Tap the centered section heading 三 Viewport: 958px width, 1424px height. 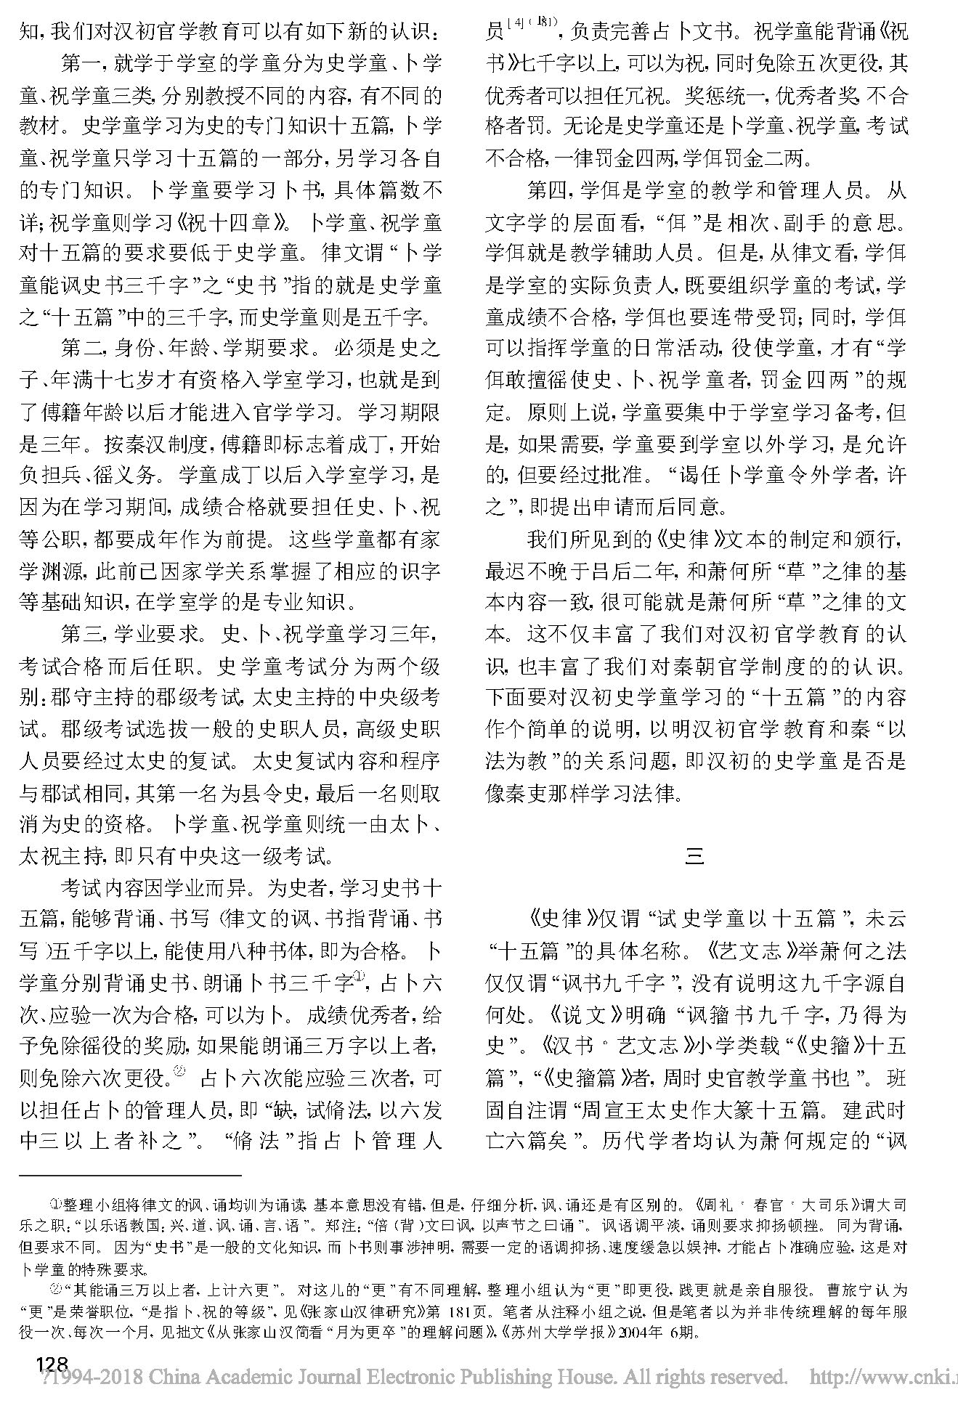coord(695,858)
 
